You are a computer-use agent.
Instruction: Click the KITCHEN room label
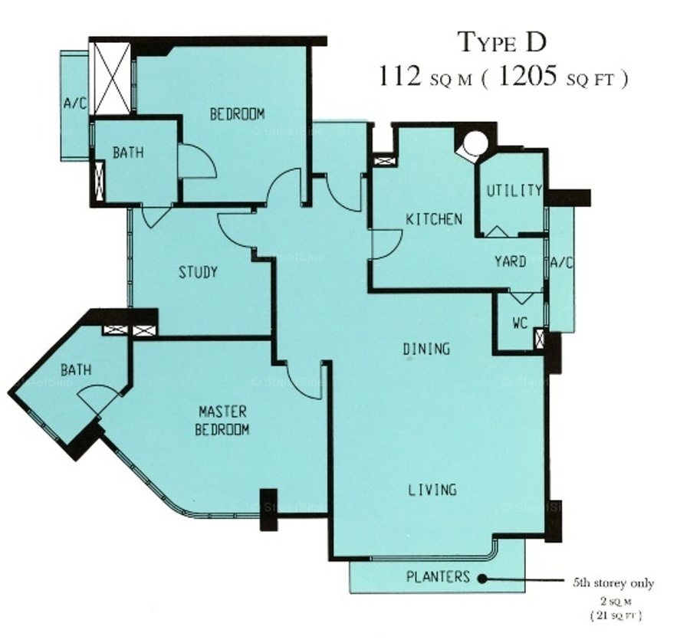pos(434,219)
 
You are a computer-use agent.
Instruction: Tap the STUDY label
pos(198,272)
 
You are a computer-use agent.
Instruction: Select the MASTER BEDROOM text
pos(222,421)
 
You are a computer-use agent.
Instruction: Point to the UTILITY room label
pos(514,190)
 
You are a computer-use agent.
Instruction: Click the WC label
pos(520,323)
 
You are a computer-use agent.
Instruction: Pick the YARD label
pos(511,261)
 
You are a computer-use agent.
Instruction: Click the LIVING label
pos(432,490)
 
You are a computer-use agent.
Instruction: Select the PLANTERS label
pos(438,576)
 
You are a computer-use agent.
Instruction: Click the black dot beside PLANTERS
pos(482,579)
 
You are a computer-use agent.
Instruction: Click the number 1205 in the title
pos(529,77)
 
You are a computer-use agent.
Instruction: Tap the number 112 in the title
pos(399,76)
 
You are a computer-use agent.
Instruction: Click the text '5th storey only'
pos(613,583)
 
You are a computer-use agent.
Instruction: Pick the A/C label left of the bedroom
pos(75,103)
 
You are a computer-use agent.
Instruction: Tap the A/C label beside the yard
pos(562,263)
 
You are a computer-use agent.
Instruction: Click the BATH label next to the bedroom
pos(128,153)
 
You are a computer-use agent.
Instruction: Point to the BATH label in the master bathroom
pos(76,370)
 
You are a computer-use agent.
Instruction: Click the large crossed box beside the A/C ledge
pos(113,79)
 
